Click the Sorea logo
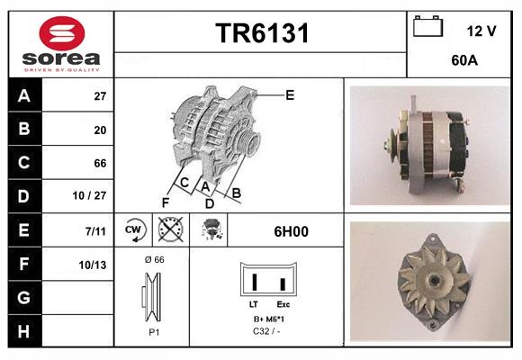tap(60, 45)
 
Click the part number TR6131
tap(262, 34)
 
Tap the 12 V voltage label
tap(481, 31)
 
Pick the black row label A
tap(23, 96)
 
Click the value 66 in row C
tap(100, 164)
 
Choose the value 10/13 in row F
tap(92, 265)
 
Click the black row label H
tap(23, 331)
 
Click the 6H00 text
tap(292, 231)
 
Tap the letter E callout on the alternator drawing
tap(290, 94)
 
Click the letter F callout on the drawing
tap(166, 202)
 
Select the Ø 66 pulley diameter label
tap(154, 259)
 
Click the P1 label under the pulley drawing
tap(153, 331)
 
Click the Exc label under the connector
tap(283, 305)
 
